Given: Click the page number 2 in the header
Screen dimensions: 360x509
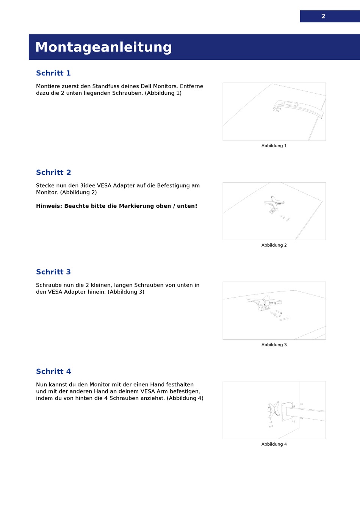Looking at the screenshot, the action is tap(323, 16).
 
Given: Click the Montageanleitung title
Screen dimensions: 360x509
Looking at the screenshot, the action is tap(103, 47).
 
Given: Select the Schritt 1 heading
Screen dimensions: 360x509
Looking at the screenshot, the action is tap(53, 73).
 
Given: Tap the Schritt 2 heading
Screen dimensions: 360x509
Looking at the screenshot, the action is tap(53, 172).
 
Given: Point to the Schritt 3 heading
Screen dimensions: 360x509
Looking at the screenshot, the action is tap(53, 272).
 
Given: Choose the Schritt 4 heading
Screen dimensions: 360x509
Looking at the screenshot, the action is tap(53, 371).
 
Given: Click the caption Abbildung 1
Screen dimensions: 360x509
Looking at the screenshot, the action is tap(274, 146).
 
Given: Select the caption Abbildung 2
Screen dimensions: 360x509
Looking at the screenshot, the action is tap(274, 245).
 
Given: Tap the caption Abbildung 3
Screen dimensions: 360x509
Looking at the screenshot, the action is tap(274, 345).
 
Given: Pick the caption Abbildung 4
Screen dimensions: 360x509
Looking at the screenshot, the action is tap(274, 444).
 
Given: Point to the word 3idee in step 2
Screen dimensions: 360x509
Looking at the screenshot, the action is tap(88, 186).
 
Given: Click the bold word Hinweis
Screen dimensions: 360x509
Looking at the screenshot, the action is tap(49, 206).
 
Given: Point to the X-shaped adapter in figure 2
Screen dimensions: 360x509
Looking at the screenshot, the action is tap(274, 204).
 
